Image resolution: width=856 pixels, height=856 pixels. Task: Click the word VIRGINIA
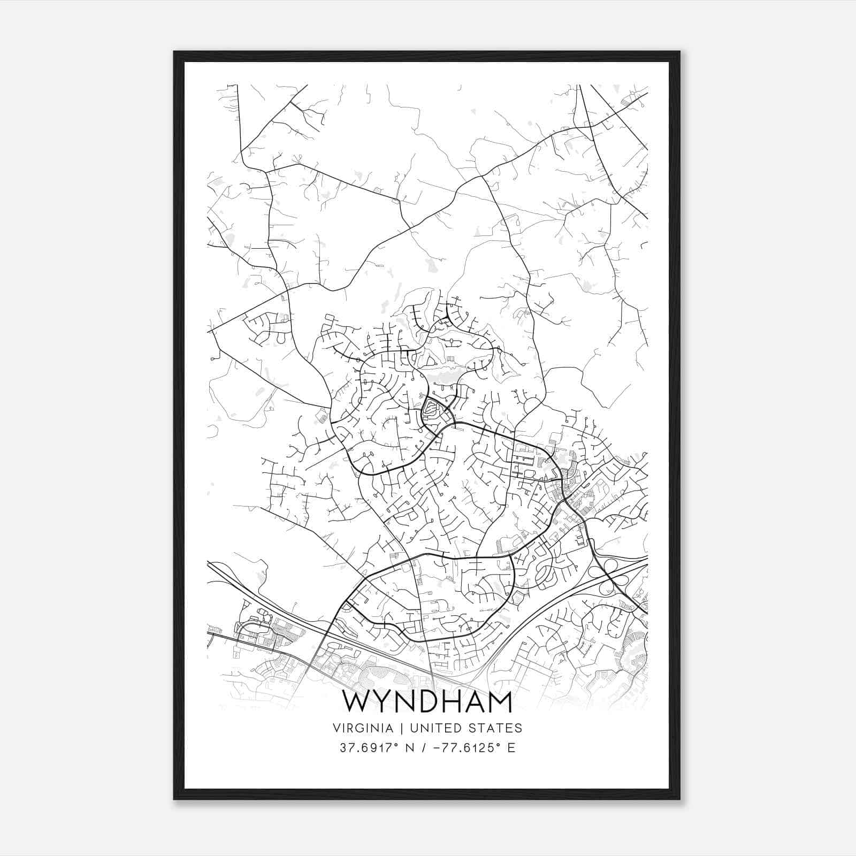coord(363,728)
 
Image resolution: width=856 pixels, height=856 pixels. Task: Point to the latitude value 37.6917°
coord(369,748)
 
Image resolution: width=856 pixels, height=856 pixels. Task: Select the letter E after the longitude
coord(511,748)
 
